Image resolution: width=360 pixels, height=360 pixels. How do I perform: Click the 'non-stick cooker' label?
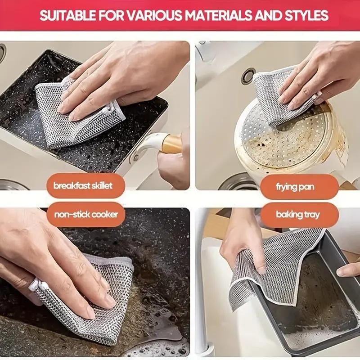[86, 214]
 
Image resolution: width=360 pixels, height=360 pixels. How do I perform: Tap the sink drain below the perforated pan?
[234, 182]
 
